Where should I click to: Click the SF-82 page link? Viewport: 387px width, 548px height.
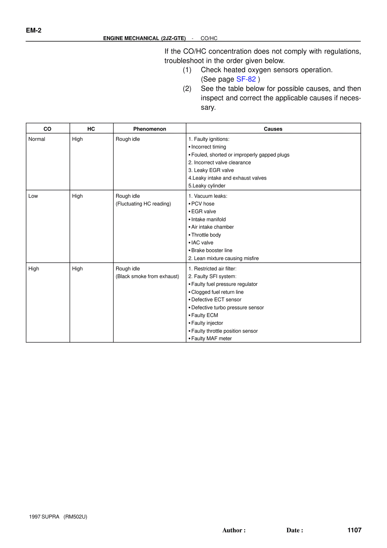point(246,79)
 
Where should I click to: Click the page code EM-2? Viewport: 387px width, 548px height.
point(34,30)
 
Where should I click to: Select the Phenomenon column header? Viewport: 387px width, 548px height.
point(149,129)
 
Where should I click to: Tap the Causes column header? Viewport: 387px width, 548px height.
point(273,129)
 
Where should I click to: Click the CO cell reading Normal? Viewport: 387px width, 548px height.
point(37,139)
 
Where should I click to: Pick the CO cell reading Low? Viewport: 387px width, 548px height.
point(33,196)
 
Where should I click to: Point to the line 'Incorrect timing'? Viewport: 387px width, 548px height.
point(208,147)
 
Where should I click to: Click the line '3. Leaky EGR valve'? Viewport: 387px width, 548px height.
point(211,170)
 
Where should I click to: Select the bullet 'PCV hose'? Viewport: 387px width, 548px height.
point(203,204)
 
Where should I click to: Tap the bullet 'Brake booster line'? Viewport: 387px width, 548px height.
point(212,251)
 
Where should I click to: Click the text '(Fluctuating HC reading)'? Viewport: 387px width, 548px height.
point(143,204)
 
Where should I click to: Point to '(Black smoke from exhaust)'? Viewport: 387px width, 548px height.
point(147,277)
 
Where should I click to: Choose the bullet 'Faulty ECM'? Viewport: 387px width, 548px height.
point(204,315)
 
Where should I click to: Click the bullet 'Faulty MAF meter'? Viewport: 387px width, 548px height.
point(211,339)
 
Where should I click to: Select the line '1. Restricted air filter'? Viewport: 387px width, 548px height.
point(212,269)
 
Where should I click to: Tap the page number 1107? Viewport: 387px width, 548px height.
point(354,530)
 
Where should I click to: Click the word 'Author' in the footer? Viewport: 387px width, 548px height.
point(232,530)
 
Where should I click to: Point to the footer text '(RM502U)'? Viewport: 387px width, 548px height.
point(75,517)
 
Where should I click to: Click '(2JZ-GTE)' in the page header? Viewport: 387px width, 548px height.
point(173,38)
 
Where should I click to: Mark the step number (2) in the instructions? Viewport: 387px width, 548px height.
point(187,89)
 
